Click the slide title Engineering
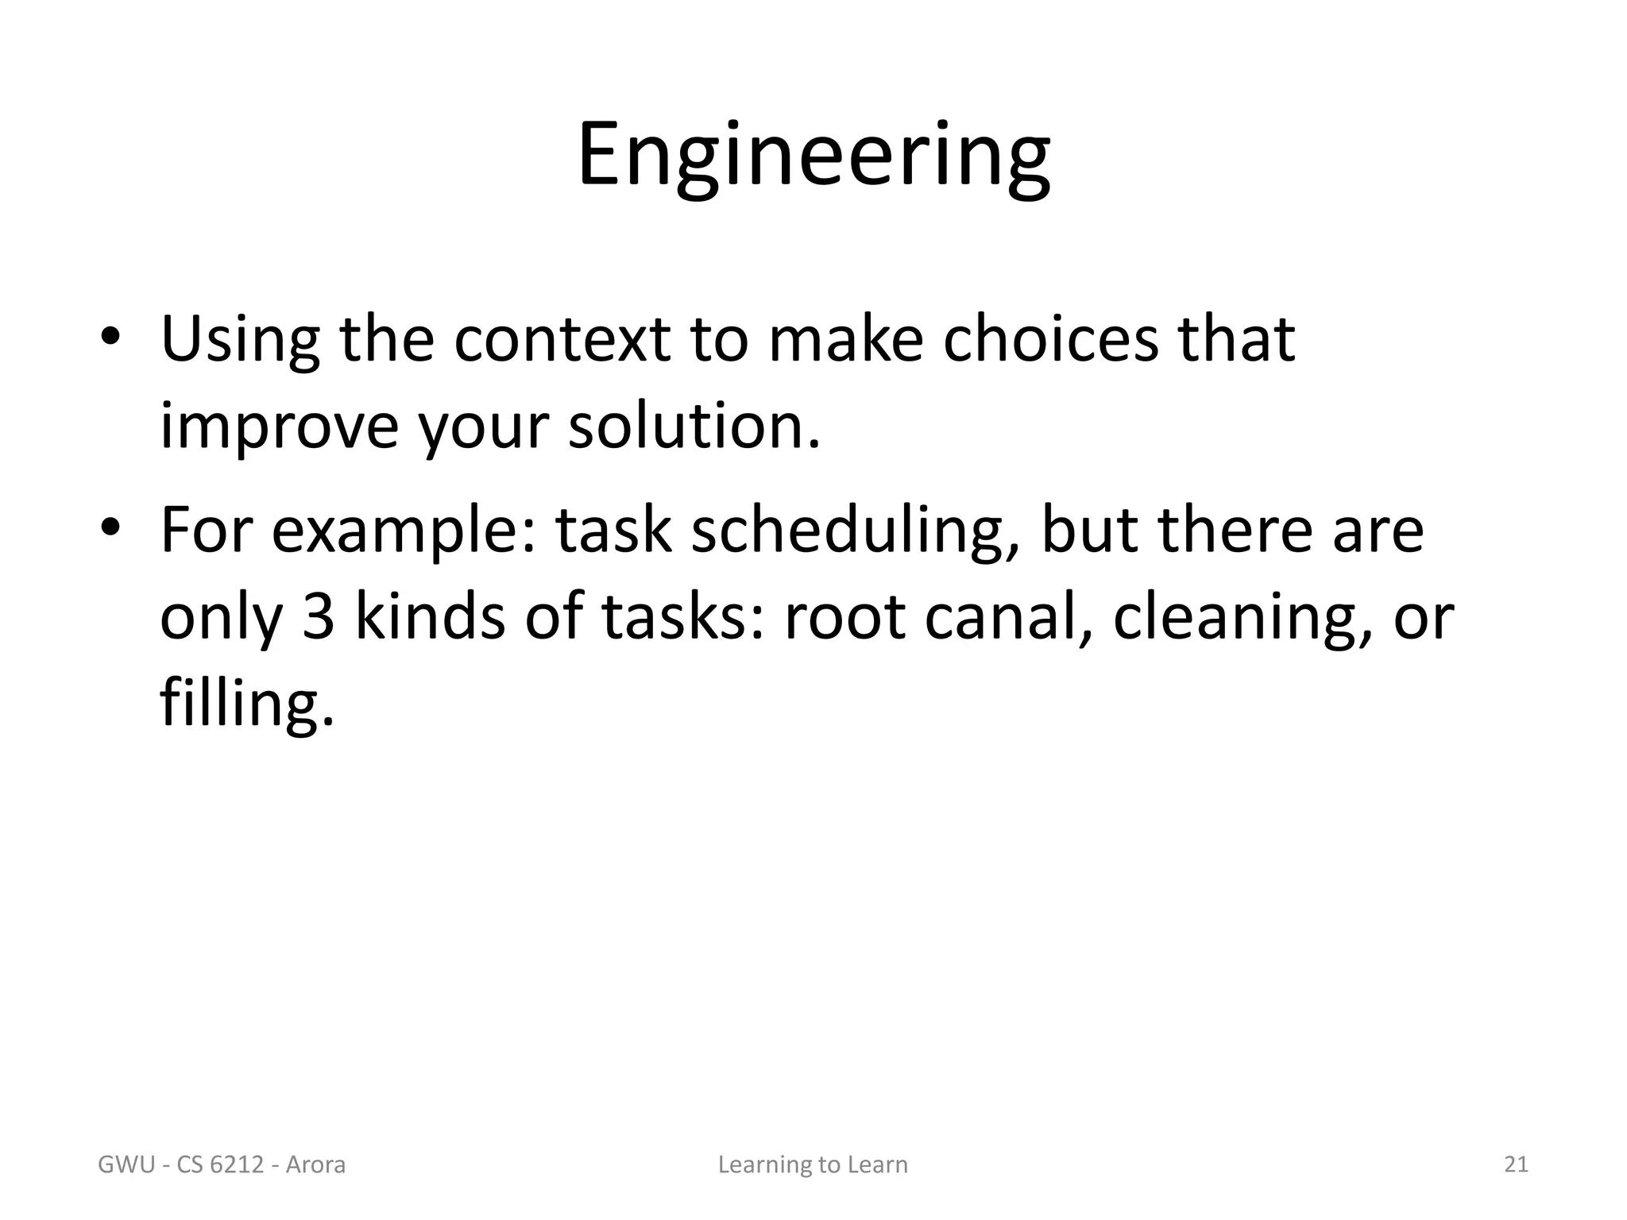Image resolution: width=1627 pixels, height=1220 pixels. tap(813, 156)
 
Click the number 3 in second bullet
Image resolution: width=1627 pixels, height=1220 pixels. tap(318, 617)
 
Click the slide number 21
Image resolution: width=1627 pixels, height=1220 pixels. tap(1516, 1164)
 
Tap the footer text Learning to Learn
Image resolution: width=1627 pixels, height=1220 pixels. tap(813, 1165)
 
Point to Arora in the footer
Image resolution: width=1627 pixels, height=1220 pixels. tap(315, 1165)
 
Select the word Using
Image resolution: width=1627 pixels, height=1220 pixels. tap(240, 342)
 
